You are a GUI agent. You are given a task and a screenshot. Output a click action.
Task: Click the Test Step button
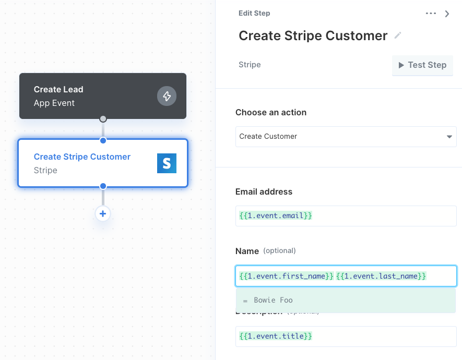click(422, 65)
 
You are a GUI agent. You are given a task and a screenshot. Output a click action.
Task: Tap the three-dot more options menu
click(431, 13)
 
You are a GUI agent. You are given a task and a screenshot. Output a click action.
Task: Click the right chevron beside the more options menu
click(447, 14)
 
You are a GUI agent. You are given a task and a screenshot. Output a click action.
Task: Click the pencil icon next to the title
click(398, 35)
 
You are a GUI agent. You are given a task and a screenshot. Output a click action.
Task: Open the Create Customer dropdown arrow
click(449, 137)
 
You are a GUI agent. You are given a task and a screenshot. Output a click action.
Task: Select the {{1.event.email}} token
click(276, 216)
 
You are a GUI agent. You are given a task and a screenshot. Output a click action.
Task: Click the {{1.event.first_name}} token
click(286, 276)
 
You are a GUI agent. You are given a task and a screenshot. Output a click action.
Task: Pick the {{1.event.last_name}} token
click(381, 276)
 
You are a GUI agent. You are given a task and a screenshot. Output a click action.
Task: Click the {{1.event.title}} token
click(276, 336)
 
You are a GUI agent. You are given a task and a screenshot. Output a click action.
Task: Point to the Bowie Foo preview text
click(273, 300)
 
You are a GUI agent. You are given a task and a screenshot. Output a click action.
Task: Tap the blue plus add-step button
click(103, 214)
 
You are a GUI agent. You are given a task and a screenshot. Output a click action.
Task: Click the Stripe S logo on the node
click(167, 163)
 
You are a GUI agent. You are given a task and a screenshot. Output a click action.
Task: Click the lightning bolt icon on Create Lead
click(167, 96)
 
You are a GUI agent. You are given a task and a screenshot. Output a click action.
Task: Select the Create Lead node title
click(58, 89)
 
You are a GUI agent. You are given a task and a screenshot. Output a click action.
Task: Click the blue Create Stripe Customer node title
click(82, 157)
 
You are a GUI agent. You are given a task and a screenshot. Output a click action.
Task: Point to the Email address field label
click(264, 191)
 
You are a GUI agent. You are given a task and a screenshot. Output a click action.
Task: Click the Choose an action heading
click(271, 113)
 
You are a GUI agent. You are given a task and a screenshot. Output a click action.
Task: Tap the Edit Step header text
click(254, 13)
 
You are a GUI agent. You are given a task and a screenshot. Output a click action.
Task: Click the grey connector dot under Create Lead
click(103, 119)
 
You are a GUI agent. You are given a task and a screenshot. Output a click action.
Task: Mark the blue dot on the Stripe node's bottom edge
click(103, 186)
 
